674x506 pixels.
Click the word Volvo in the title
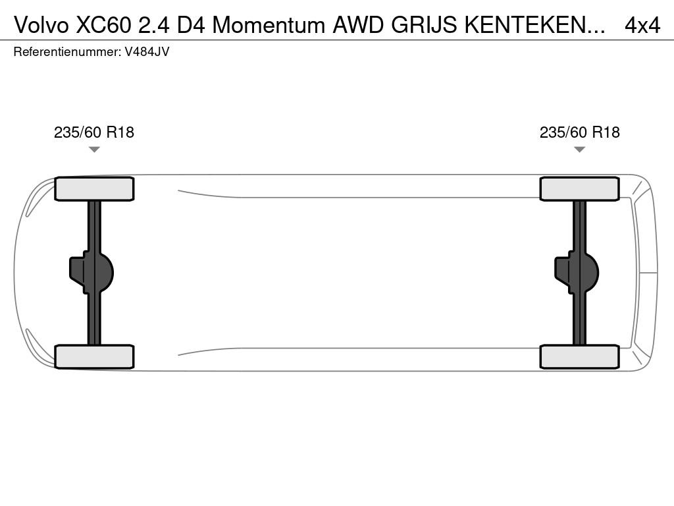(41, 26)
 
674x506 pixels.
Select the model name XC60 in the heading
(103, 26)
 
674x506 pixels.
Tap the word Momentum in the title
(269, 26)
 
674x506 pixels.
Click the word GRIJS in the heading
(424, 26)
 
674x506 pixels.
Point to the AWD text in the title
(358, 26)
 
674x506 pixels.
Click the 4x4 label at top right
(642, 26)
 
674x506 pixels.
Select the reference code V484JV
(147, 51)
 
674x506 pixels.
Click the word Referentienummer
(67, 51)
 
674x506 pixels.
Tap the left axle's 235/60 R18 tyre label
(93, 132)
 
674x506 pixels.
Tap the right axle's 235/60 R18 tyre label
(579, 132)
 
